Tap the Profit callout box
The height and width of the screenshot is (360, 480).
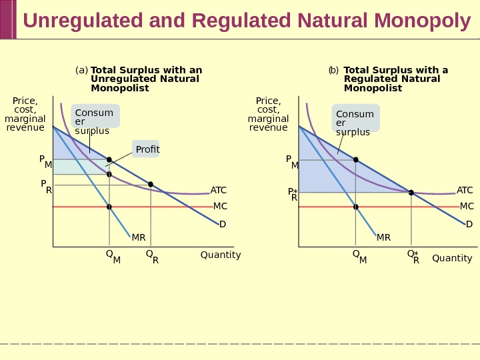[x=147, y=149]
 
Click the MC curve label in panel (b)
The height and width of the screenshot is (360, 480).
[x=467, y=207]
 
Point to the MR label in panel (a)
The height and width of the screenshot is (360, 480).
[x=138, y=237]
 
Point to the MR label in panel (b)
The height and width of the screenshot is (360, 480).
[x=383, y=237]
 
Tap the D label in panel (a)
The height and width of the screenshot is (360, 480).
[x=223, y=225]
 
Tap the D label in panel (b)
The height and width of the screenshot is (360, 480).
[x=469, y=225]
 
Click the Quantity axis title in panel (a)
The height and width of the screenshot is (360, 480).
[x=221, y=255]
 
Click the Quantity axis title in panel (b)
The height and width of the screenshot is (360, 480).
[x=452, y=259]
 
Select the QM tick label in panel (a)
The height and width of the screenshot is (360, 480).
[x=113, y=257]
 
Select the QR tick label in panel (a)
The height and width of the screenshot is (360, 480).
[x=152, y=257]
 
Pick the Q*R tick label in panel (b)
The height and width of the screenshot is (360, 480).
[x=413, y=257]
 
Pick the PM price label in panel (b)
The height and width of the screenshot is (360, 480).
[x=292, y=162]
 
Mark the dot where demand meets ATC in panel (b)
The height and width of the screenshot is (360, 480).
[x=411, y=193]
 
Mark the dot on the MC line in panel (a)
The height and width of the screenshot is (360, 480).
[x=109, y=207]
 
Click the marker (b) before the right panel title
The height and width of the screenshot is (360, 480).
[x=333, y=70]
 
